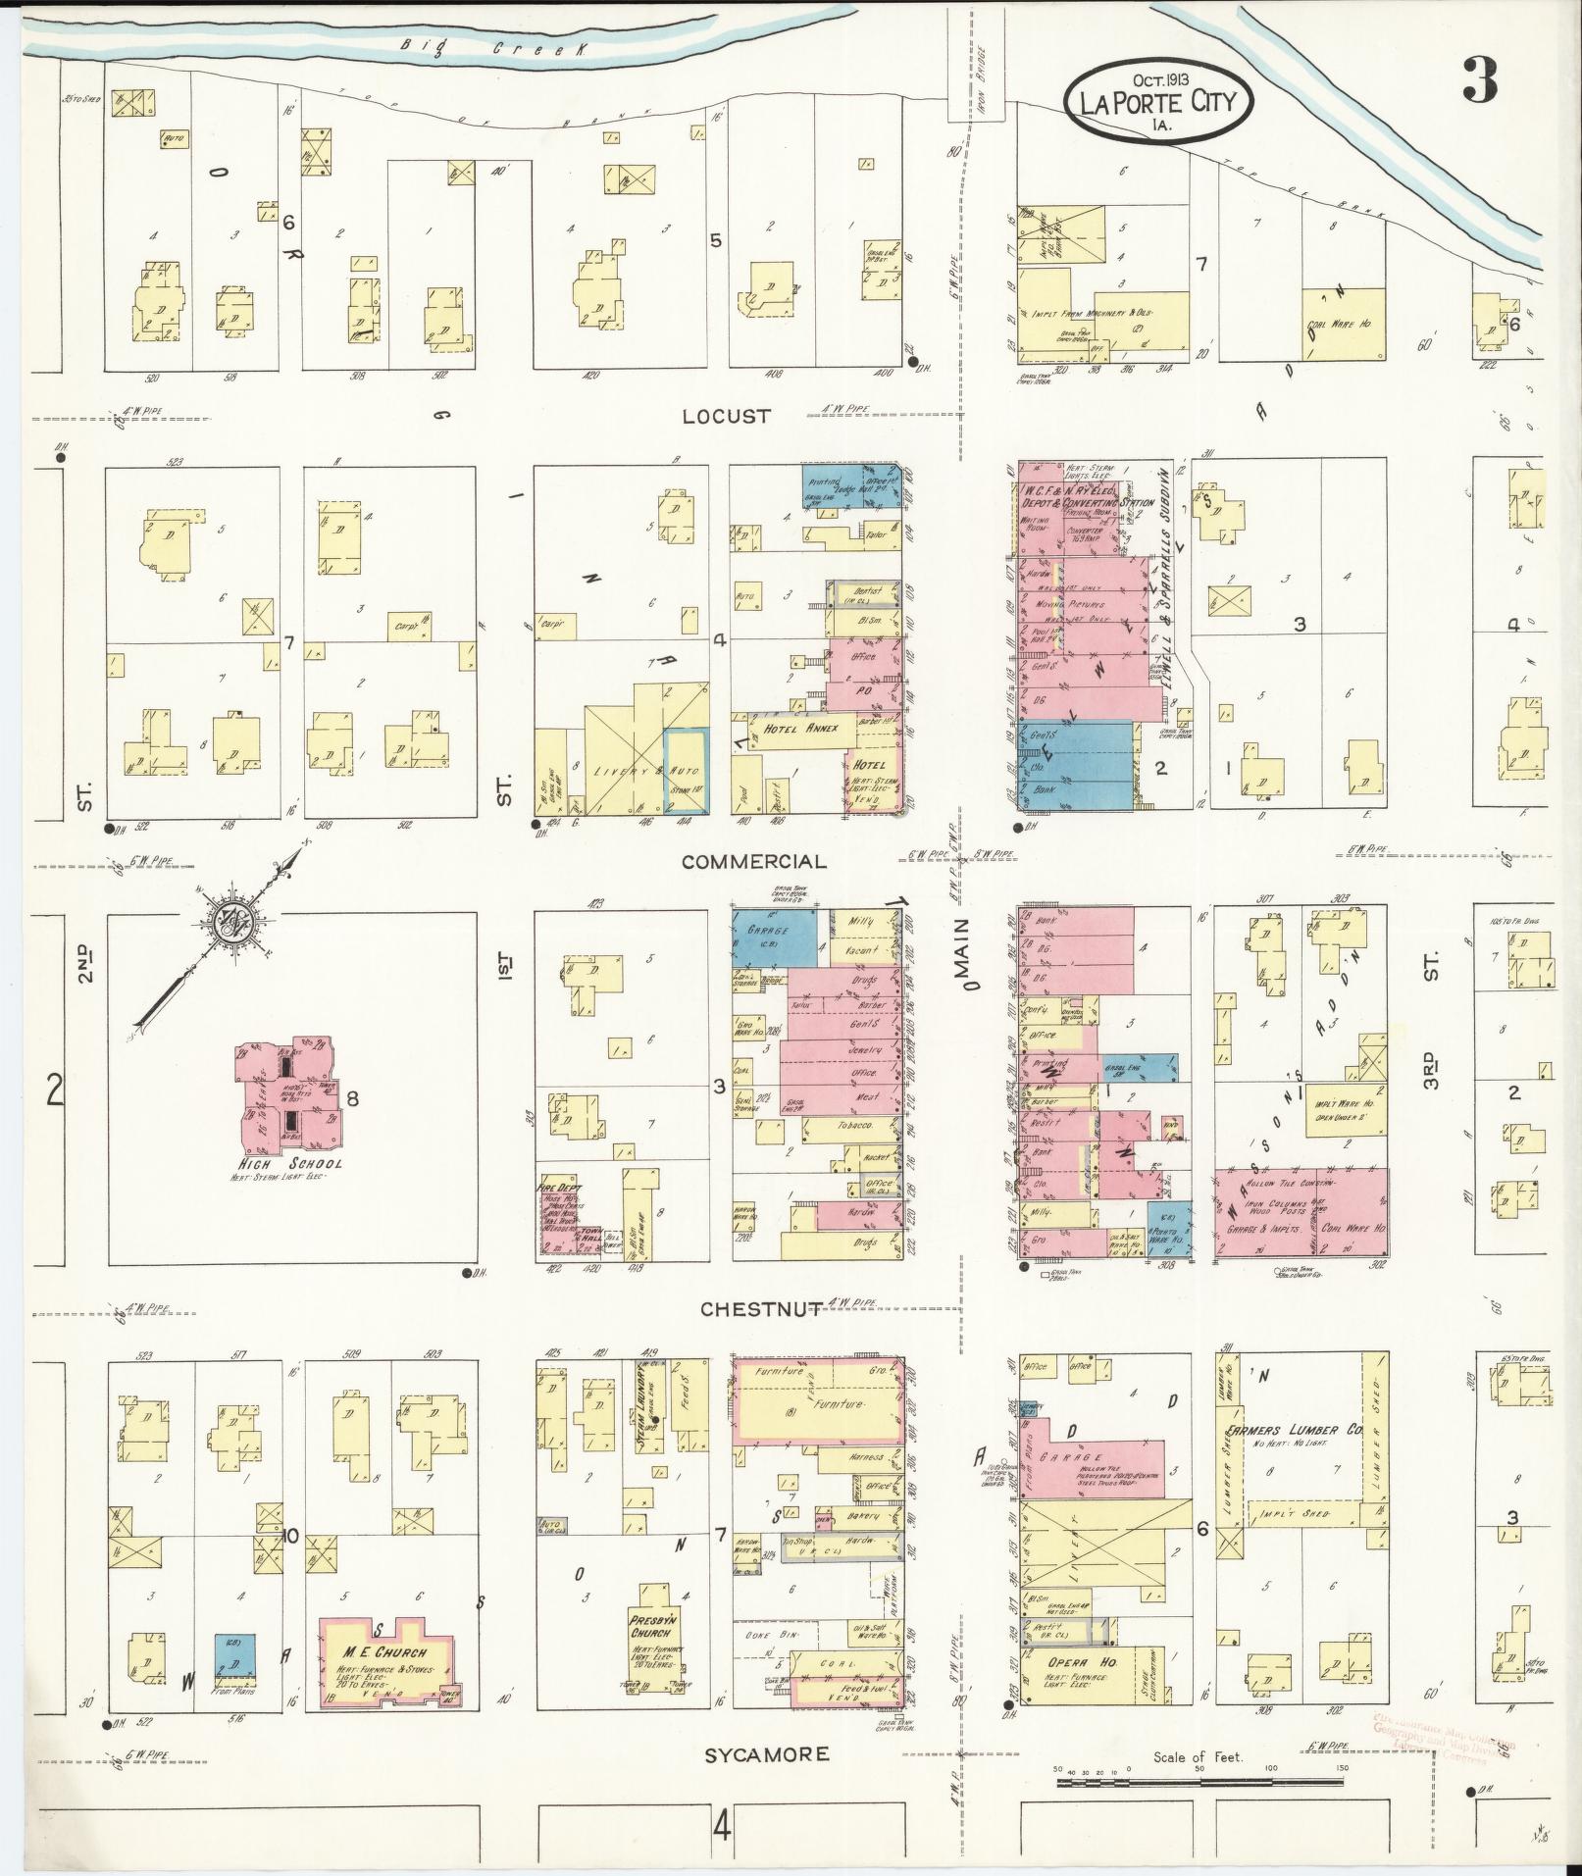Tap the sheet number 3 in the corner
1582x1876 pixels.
tap(1479, 81)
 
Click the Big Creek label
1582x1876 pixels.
tap(487, 47)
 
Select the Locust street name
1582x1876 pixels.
tap(726, 416)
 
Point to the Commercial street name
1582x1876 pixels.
tap(753, 861)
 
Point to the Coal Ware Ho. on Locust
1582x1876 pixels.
tap(1344, 324)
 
